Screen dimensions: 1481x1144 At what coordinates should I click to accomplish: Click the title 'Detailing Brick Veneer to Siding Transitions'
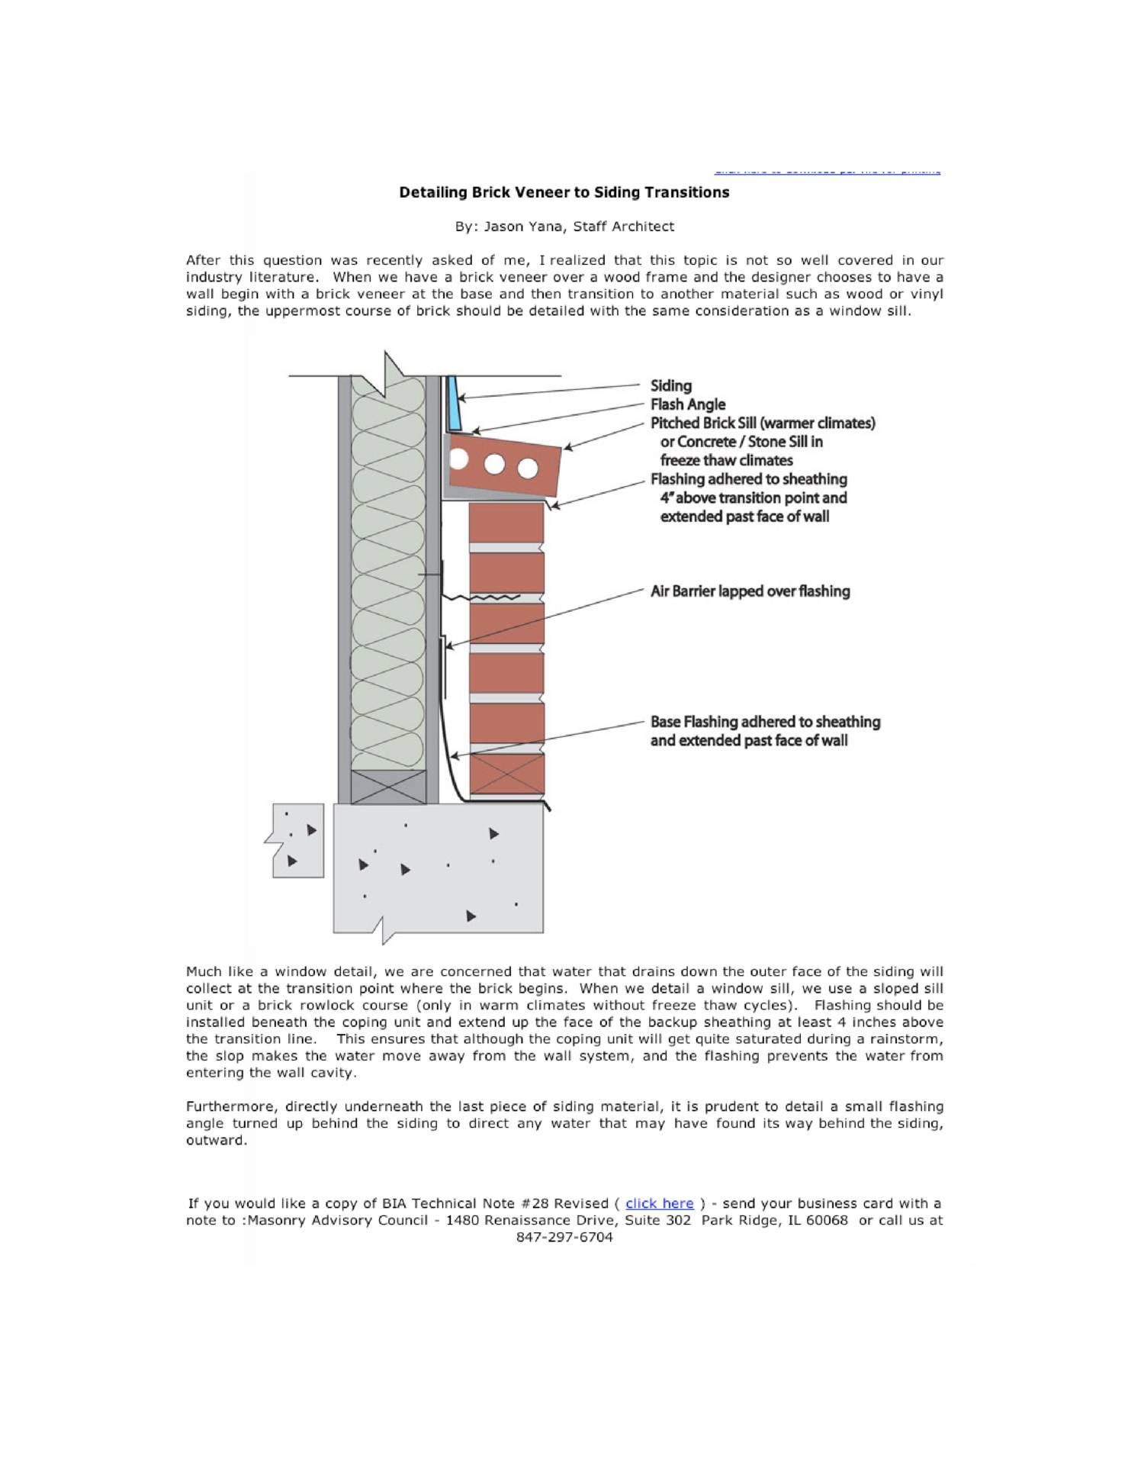click(564, 192)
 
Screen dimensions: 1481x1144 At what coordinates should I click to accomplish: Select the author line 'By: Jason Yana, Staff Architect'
click(564, 227)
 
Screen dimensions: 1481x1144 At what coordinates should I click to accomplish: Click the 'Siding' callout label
click(670, 386)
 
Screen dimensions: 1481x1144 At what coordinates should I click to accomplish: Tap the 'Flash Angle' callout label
click(687, 404)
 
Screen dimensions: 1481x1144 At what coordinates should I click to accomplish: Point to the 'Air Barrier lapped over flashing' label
click(750, 591)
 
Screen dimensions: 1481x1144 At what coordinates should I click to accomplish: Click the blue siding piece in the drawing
click(454, 402)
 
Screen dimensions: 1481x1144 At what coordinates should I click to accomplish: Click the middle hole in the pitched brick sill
click(494, 464)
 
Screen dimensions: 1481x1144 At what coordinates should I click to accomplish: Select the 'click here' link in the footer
click(659, 1203)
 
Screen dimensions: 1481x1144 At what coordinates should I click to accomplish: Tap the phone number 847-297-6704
click(564, 1238)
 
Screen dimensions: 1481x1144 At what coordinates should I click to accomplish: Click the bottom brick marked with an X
click(506, 774)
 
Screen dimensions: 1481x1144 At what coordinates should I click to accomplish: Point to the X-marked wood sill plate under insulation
click(388, 787)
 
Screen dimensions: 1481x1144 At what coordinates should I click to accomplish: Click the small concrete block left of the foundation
click(297, 840)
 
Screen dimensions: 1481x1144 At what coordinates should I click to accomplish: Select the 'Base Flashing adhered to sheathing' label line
click(765, 722)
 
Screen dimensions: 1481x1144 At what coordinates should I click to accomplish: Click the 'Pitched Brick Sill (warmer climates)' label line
click(762, 423)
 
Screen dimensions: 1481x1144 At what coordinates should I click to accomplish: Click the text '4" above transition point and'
click(754, 498)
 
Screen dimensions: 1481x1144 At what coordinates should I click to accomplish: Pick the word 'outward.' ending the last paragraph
click(217, 1141)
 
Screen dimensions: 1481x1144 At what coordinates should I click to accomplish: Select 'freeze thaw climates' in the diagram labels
click(726, 461)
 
